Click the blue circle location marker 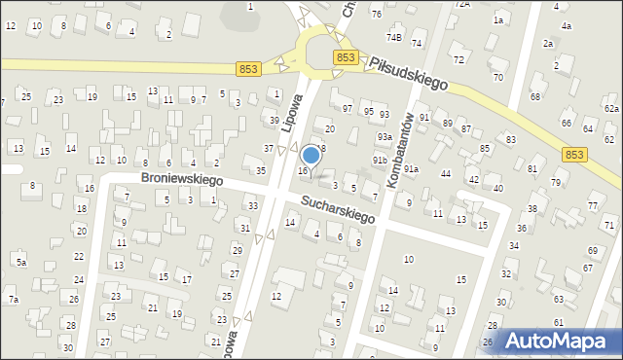click(x=311, y=155)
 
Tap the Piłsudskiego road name click(x=408, y=72)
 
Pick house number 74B click(x=393, y=38)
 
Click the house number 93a click(x=385, y=137)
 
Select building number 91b click(x=380, y=160)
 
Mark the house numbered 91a click(x=411, y=169)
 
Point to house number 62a click(x=611, y=109)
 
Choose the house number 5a click(x=20, y=262)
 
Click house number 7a click(x=14, y=299)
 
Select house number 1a click(x=498, y=19)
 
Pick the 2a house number click(x=548, y=44)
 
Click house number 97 click(x=348, y=108)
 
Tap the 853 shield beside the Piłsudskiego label click(x=345, y=58)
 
